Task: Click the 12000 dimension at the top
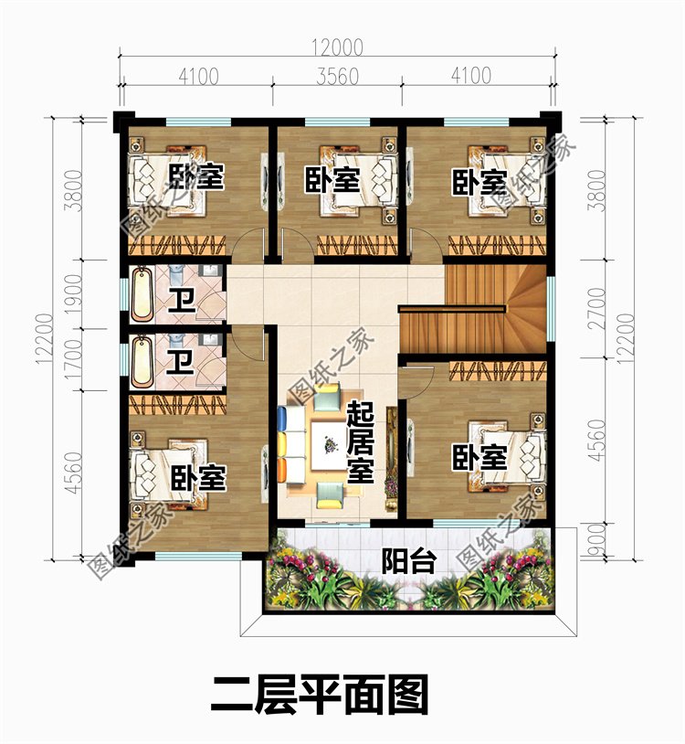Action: tap(338, 47)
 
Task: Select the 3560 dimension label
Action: tap(338, 77)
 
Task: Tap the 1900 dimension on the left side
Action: tap(74, 294)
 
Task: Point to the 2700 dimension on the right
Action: tap(598, 308)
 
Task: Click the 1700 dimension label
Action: tap(74, 358)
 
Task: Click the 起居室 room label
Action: tap(360, 442)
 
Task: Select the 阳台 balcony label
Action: tap(408, 562)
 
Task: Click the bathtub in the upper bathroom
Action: tap(142, 294)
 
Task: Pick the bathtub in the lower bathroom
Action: tap(142, 362)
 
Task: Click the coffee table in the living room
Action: tap(330, 445)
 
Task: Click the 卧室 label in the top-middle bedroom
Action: tap(332, 180)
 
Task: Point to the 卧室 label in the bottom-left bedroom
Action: tap(198, 477)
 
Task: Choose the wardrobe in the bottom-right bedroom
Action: tap(498, 370)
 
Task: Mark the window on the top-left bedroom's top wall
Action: tap(198, 122)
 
